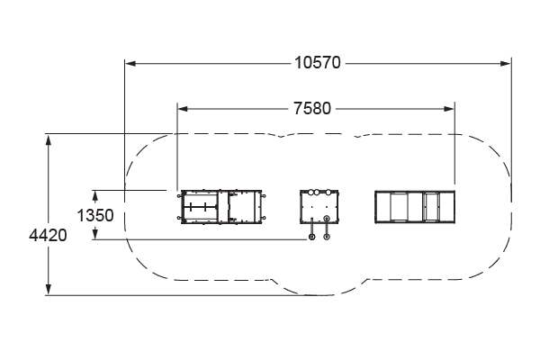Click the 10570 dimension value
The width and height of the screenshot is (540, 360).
(318, 63)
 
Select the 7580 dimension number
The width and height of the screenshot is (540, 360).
(312, 109)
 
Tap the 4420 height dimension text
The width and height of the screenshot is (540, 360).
(48, 236)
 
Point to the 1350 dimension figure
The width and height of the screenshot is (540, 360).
(95, 216)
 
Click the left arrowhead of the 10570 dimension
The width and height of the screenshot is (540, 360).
(130, 63)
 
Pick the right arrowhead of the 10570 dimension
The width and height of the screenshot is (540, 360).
(506, 63)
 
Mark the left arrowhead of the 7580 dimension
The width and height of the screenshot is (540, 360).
(183, 109)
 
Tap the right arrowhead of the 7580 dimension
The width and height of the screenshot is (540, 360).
(449, 109)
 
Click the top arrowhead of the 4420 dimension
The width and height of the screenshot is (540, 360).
(49, 140)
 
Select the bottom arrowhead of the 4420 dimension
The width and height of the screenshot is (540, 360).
(49, 289)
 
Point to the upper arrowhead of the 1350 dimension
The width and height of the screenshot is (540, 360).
(95, 195)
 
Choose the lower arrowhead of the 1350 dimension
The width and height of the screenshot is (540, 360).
(95, 234)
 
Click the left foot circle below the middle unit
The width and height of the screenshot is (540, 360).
(311, 237)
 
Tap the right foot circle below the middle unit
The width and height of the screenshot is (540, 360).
(327, 237)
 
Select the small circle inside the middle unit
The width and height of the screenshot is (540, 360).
(327, 218)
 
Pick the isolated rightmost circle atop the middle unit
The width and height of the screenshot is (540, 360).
(328, 192)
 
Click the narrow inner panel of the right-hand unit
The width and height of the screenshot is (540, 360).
(431, 207)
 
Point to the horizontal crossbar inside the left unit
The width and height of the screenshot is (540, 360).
(200, 207)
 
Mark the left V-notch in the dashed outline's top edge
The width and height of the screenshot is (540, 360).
(281, 136)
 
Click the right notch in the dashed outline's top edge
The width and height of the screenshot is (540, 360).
(358, 136)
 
